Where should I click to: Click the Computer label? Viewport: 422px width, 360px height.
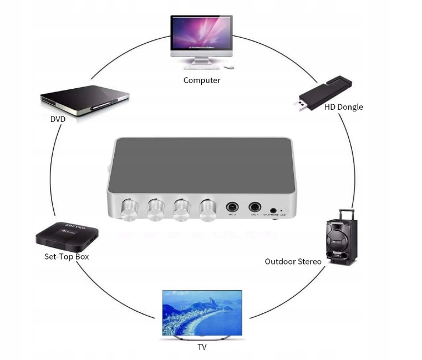202,80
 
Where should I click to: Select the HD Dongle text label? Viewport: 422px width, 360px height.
343,107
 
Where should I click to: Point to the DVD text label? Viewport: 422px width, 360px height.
58,119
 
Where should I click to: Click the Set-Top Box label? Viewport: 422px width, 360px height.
67,257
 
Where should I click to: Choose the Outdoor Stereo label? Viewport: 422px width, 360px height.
293,261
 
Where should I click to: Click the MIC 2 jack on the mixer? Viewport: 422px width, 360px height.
232,207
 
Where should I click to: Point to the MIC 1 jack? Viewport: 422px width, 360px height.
255,207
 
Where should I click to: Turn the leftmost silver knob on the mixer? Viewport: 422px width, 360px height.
130,210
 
